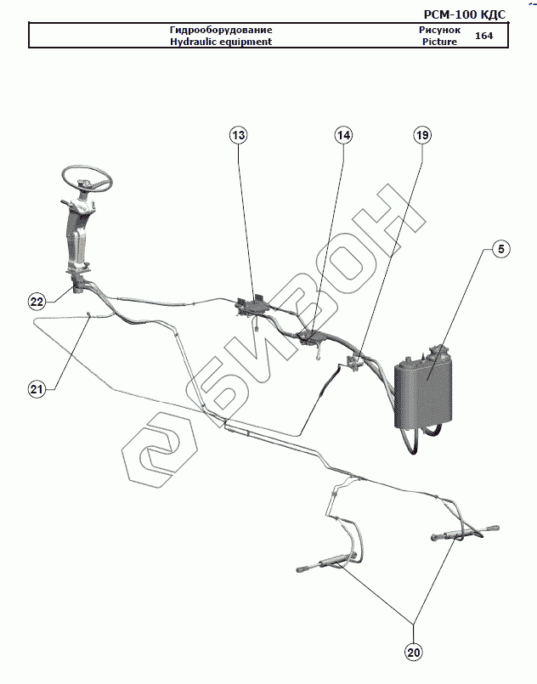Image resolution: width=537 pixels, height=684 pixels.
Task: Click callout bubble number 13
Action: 239,135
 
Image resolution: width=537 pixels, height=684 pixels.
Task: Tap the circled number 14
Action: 343,135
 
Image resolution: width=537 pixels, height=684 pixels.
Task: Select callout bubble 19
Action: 422,135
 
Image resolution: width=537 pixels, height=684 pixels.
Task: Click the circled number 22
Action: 37,302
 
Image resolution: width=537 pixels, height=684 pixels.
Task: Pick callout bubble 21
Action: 36,389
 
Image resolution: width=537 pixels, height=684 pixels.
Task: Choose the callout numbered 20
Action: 414,653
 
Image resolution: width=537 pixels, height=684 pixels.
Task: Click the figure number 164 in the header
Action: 484,36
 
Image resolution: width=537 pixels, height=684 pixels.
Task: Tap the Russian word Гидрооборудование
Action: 221,30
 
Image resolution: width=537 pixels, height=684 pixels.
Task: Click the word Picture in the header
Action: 438,42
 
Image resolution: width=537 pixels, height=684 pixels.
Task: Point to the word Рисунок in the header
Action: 439,30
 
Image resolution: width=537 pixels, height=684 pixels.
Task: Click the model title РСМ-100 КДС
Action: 464,14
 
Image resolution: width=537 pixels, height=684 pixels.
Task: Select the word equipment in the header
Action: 247,42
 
